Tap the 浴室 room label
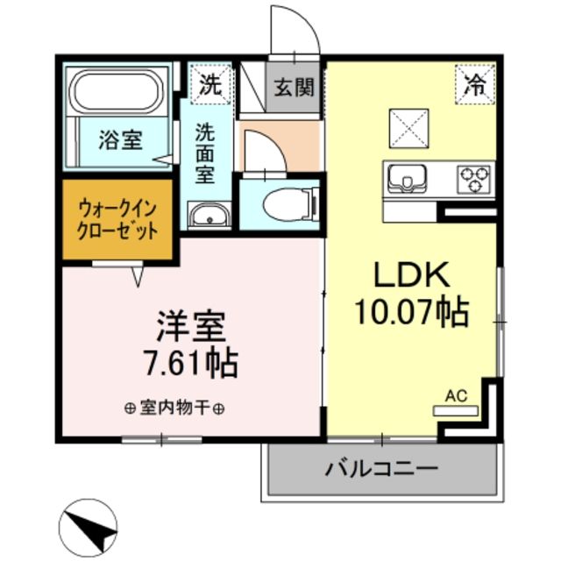click(121, 139)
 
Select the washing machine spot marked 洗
click(209, 86)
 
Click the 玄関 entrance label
click(294, 88)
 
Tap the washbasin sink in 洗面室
click(209, 214)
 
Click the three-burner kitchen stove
click(473, 179)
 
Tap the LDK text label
click(411, 278)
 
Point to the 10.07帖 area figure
click(411, 311)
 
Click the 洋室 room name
click(191, 327)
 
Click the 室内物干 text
click(174, 408)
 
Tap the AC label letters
click(456, 395)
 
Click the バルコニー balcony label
click(381, 468)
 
